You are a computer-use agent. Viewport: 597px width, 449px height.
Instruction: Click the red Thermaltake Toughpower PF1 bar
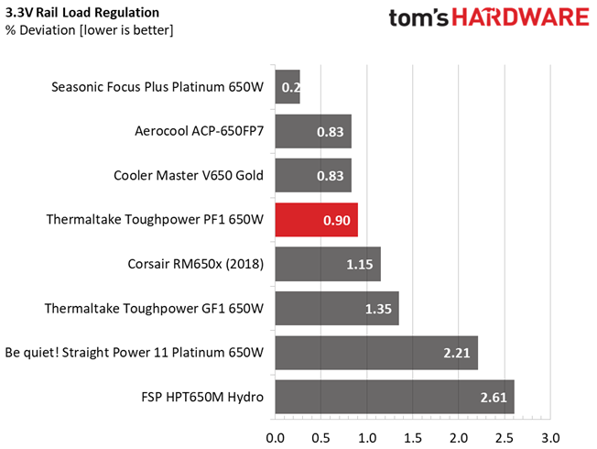point(317,220)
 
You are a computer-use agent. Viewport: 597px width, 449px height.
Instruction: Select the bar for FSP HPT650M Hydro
point(395,397)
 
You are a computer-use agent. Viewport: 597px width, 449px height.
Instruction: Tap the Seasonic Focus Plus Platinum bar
point(288,87)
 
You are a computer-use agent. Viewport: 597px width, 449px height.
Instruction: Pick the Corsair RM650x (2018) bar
point(328,264)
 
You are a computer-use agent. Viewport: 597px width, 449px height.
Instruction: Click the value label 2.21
point(457,353)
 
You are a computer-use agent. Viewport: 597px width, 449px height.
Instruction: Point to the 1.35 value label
point(378,309)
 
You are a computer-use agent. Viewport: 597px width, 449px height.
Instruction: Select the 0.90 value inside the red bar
point(337,220)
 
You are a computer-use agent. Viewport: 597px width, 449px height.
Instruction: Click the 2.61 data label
point(494,398)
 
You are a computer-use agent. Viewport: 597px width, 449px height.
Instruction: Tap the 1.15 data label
point(360,265)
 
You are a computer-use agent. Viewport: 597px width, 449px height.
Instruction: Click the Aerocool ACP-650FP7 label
point(199,131)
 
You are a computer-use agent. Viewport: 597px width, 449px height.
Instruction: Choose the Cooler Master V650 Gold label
point(189,175)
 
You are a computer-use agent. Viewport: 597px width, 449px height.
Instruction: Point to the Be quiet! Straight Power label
point(135,353)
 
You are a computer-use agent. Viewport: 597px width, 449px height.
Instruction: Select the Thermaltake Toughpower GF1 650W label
point(154,309)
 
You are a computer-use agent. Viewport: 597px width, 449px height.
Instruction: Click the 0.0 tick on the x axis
point(276,438)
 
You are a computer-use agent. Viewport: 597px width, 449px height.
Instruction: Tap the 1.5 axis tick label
point(413,438)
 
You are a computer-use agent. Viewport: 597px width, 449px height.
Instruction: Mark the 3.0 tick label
point(550,438)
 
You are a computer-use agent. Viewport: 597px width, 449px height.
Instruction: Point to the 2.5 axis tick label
point(505,438)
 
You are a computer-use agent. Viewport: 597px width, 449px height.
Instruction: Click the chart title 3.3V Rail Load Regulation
point(82,13)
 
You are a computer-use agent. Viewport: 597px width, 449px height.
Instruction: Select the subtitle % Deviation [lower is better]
point(89,30)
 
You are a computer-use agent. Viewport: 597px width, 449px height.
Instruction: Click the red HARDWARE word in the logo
point(520,18)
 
